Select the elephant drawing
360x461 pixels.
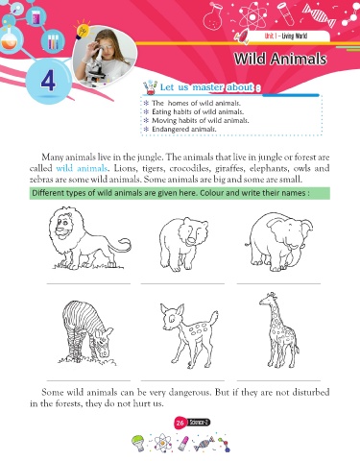[x=279, y=242]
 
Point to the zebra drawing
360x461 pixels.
[x=86, y=333]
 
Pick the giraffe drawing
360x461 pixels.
[x=279, y=329]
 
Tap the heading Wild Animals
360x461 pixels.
[x=280, y=59]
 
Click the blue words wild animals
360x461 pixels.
[x=82, y=168]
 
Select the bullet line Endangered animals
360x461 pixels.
[x=184, y=130]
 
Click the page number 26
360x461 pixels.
[x=180, y=423]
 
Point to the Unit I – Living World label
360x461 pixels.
[x=286, y=36]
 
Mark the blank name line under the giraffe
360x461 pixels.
[x=278, y=381]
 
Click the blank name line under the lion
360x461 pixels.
[x=88, y=283]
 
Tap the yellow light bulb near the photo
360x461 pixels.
[x=82, y=31]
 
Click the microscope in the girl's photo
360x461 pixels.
[x=96, y=66]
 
